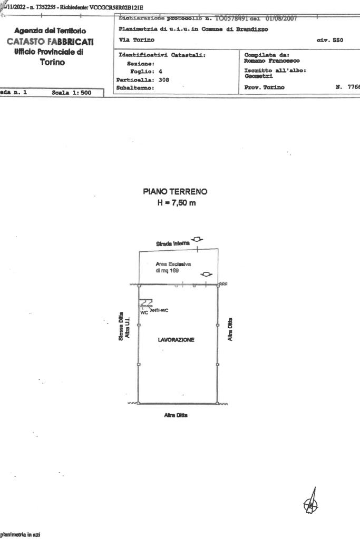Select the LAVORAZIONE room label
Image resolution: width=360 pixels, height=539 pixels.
coord(176,340)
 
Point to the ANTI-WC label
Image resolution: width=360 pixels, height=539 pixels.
coord(159,309)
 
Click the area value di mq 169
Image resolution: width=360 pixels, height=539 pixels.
coord(168,270)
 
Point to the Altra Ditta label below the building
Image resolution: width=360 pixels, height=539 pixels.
coord(176,415)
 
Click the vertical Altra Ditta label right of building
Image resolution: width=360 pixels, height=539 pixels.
coord(230,329)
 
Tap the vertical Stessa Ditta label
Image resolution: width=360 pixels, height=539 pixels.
coord(121,327)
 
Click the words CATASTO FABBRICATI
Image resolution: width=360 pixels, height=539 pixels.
coord(51,42)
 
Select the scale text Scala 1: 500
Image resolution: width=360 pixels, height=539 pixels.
coord(72,93)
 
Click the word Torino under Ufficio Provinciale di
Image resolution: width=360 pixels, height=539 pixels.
coord(52,62)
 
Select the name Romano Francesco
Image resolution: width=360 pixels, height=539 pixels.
coord(271,61)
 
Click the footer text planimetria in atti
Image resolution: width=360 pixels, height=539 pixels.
coord(20,534)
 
